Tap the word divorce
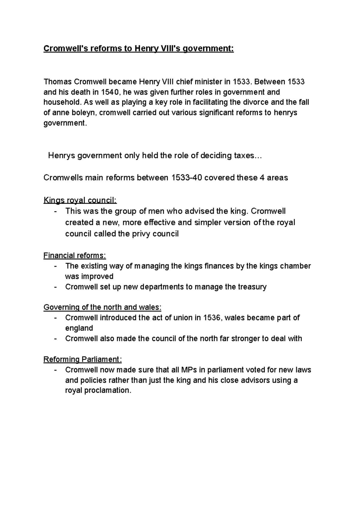[x=254, y=103]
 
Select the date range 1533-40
[x=187, y=178]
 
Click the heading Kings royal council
[x=80, y=200]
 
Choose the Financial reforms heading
[x=75, y=255]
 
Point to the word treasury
[x=252, y=287]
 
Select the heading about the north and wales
[x=102, y=307]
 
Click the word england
[x=79, y=328]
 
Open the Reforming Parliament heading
[x=82, y=359]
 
